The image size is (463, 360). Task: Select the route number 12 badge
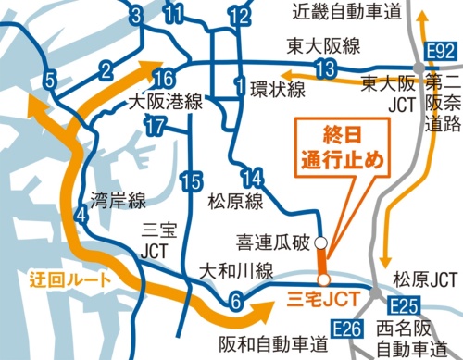(239, 17)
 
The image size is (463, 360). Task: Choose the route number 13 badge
(324, 68)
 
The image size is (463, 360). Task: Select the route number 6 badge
(236, 300)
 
